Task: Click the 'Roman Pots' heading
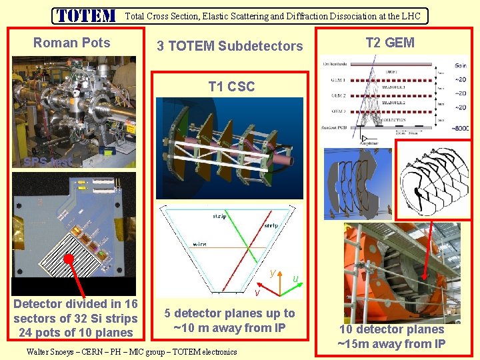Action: [72, 43]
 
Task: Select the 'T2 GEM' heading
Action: [390, 43]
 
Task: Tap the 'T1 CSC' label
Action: [231, 86]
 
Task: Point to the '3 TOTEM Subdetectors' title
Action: [229, 46]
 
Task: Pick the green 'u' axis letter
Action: [295, 277]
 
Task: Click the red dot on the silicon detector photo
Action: [69, 258]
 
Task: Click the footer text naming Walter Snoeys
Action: [131, 351]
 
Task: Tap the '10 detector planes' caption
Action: [391, 329]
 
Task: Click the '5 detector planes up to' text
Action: [229, 313]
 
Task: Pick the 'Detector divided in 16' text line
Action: [75, 305]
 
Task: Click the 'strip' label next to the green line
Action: [219, 216]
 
